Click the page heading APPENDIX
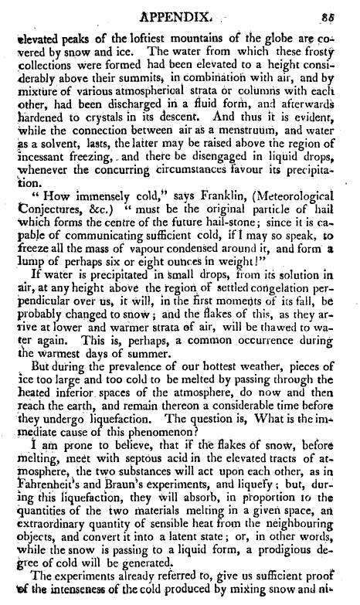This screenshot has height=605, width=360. tap(180, 13)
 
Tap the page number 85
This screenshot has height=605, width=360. tap(343, 13)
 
